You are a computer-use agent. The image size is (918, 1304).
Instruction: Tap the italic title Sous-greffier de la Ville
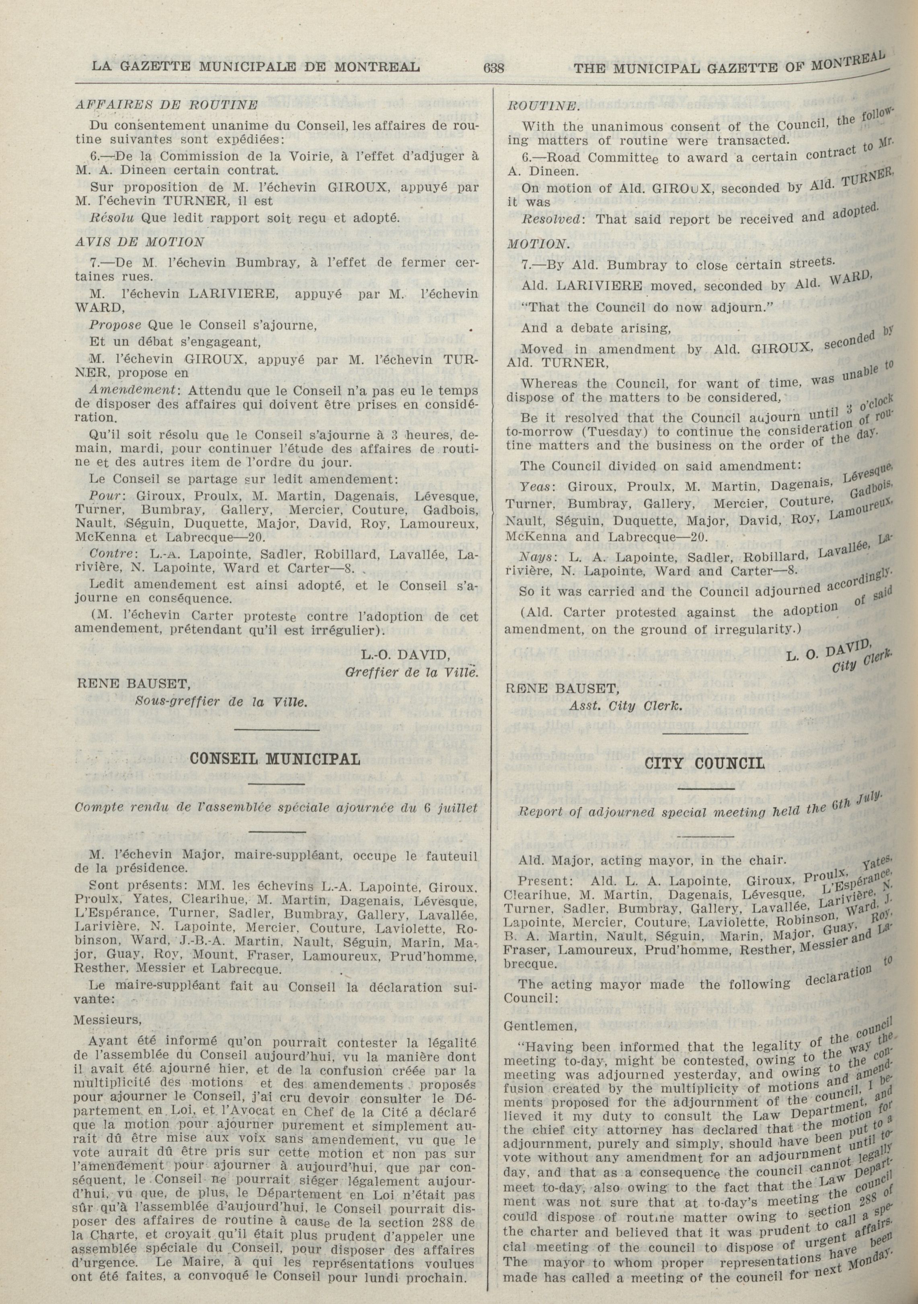[x=221, y=701]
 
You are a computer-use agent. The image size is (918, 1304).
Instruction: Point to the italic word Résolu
[x=106, y=218]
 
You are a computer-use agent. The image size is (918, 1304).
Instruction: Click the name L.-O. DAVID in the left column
[x=406, y=656]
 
